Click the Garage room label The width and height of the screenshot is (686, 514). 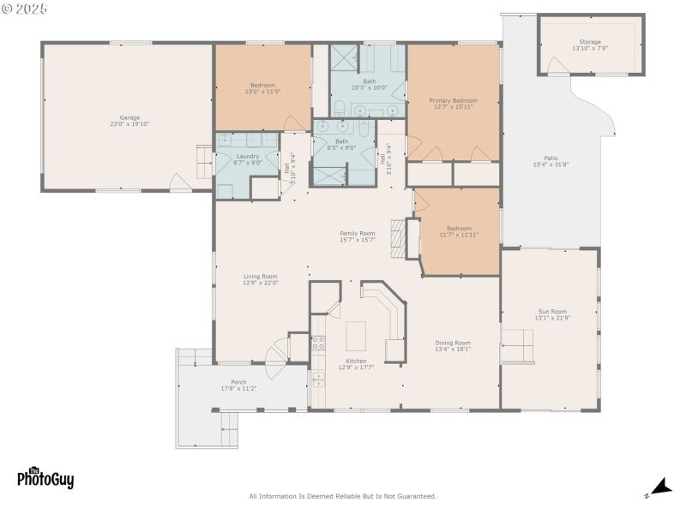(x=129, y=121)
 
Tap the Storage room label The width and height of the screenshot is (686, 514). (x=589, y=45)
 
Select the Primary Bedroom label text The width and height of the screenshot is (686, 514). (x=453, y=104)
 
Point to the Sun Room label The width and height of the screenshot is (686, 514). (x=552, y=314)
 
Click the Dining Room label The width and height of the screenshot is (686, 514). (x=453, y=345)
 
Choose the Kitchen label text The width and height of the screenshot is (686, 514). (x=356, y=364)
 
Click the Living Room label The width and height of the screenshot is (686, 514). (x=260, y=279)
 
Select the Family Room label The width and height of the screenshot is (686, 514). (x=358, y=236)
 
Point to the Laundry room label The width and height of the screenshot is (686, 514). (x=248, y=159)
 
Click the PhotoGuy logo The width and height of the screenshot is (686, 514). (x=45, y=478)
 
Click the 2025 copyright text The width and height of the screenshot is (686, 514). (x=25, y=9)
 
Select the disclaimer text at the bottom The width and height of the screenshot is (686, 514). (x=342, y=496)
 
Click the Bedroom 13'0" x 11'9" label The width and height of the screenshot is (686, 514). (x=262, y=88)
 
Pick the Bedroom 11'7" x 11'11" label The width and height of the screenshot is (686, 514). (x=459, y=231)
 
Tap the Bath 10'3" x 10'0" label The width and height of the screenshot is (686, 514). (x=369, y=84)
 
